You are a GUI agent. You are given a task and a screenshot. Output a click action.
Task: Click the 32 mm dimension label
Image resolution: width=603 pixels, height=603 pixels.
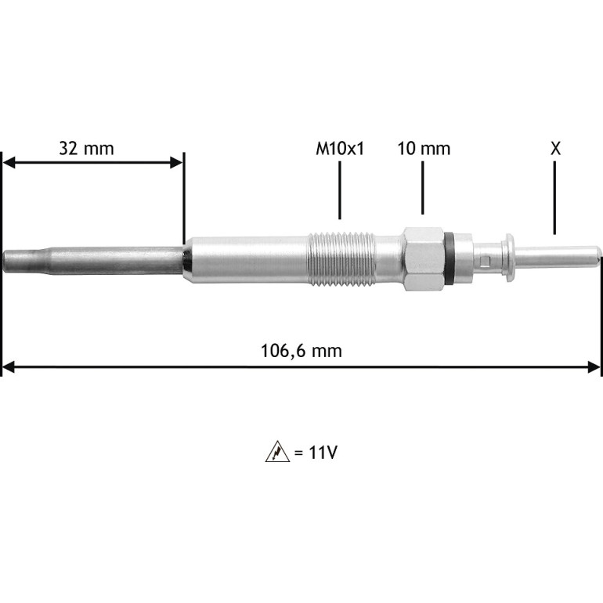[86, 149]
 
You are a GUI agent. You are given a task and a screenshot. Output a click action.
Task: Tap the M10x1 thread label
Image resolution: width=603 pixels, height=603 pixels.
[340, 149]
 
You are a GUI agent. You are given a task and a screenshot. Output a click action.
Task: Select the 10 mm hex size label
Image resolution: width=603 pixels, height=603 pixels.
[424, 149]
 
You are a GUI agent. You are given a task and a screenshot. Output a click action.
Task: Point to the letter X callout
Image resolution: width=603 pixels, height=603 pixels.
[555, 148]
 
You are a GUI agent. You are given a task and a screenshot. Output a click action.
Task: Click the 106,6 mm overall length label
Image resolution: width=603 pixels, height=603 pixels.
[301, 351]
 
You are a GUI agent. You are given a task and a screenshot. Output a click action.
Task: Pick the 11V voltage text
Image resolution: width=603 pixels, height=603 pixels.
[323, 453]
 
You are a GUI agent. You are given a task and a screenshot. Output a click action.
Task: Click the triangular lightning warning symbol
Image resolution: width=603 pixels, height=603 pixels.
[277, 452]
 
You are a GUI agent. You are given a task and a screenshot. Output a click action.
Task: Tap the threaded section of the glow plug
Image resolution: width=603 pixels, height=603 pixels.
[341, 259]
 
